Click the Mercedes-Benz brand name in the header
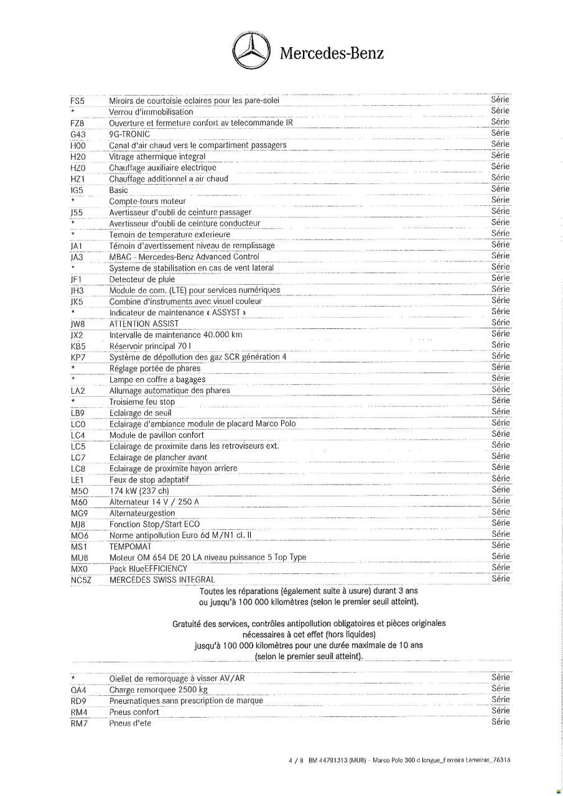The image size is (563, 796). coord(332,53)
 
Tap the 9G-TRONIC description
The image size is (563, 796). coord(129,134)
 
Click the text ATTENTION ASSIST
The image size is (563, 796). coord(144,323)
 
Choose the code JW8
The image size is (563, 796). coord(78,323)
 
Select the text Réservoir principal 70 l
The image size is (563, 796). coord(150,346)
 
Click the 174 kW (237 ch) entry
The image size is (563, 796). coord(139,491)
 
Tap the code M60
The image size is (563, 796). coord(79,502)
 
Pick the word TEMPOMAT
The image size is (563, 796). coord(130,546)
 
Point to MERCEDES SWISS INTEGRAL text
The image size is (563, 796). coord(161,580)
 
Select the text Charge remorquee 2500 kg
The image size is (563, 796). coord(158,690)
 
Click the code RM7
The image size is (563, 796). coord(79,723)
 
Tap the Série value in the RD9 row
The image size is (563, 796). coord(500,700)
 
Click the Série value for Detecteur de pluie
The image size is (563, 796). coord(500,278)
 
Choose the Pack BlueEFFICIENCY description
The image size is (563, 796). coord(148,568)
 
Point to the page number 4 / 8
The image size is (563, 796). coord(294,760)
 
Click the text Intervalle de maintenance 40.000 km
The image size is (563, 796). coord(175,335)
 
